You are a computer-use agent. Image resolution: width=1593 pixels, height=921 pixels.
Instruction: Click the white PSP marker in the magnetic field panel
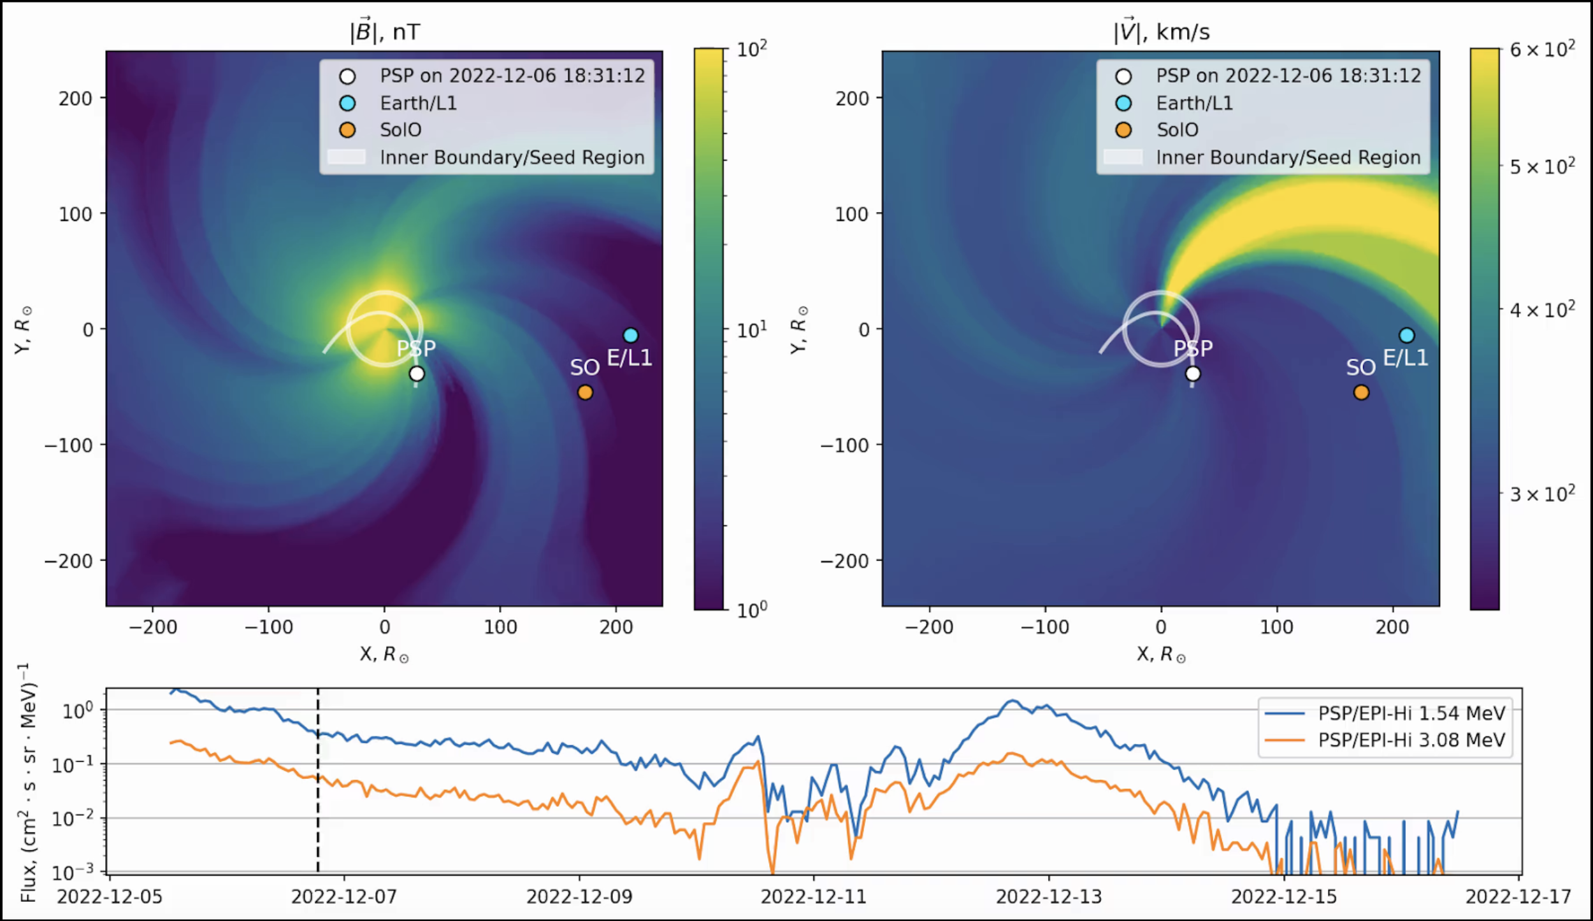[417, 373]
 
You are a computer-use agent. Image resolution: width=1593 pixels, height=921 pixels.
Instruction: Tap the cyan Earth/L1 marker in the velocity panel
[1406, 335]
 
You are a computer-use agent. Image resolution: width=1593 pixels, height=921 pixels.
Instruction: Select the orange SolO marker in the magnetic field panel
[585, 392]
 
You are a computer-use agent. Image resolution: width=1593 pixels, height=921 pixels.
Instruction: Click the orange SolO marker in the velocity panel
[1361, 392]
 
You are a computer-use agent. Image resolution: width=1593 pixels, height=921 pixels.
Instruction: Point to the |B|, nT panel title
[384, 31]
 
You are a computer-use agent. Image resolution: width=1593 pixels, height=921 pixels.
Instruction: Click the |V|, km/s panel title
[1161, 31]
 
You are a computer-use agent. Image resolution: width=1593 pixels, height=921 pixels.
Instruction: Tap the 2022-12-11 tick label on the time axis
[814, 897]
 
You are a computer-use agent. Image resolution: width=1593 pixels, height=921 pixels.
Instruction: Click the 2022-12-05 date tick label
[110, 897]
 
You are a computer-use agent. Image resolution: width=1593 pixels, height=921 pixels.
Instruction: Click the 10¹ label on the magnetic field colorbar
[752, 330]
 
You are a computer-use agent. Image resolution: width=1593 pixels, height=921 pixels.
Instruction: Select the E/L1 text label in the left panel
[629, 358]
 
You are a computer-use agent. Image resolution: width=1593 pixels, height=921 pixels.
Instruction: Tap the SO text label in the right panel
[1360, 368]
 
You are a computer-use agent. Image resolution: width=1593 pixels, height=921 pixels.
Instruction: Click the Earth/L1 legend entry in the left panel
[418, 103]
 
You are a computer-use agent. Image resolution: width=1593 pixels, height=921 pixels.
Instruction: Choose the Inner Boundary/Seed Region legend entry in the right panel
[1288, 157]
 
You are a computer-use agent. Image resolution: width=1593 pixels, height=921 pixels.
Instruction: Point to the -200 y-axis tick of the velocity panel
[844, 561]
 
